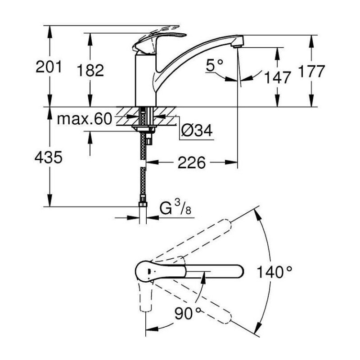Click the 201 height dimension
click(49, 67)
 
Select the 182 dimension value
click(90, 70)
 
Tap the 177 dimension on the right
click(311, 71)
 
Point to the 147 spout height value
click(278, 77)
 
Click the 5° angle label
click(215, 65)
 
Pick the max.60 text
click(85, 119)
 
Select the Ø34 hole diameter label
click(197, 130)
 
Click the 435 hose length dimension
click(49, 157)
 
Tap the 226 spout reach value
click(192, 162)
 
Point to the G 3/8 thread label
click(175, 207)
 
